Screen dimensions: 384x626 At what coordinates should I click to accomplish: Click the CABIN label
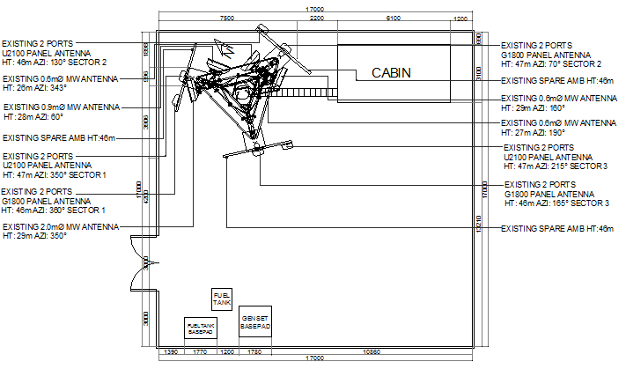click(x=391, y=73)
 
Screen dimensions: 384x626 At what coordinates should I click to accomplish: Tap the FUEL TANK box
click(x=222, y=299)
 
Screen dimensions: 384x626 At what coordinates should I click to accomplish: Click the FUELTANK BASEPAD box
click(x=199, y=328)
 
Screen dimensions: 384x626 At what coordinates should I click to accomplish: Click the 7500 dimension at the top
click(x=226, y=18)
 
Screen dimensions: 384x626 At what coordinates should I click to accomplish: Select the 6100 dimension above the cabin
click(x=394, y=18)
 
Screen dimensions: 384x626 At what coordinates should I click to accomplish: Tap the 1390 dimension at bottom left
click(x=173, y=352)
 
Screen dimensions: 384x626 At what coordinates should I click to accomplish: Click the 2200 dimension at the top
click(x=317, y=18)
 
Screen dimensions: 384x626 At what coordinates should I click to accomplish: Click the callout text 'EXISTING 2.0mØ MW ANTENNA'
click(x=61, y=226)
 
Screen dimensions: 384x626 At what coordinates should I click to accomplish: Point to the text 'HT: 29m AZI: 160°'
click(x=534, y=107)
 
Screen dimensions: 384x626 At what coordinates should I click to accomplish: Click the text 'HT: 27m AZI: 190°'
click(x=535, y=132)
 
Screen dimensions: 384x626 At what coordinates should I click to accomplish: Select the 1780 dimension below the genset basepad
click(x=255, y=352)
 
